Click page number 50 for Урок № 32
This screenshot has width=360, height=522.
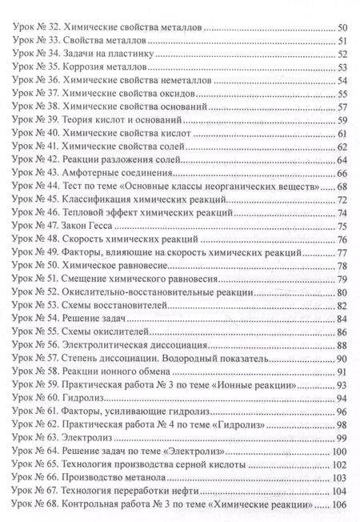pos(342,28)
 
